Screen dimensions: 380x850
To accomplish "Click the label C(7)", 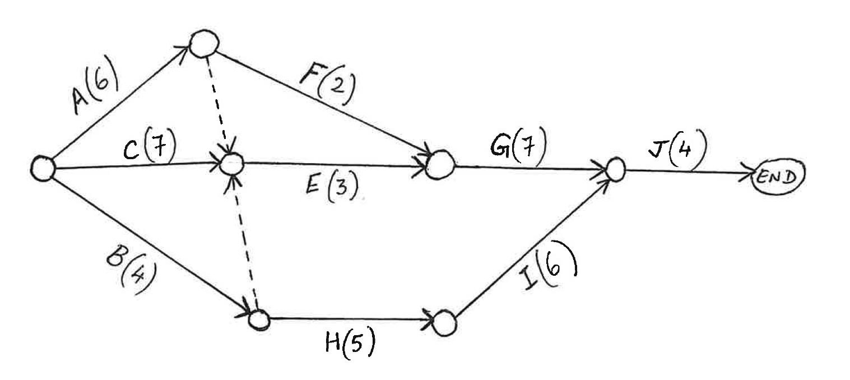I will [x=148, y=149].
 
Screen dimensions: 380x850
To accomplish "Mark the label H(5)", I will [x=349, y=345].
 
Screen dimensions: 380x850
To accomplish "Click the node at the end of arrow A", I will [x=203, y=43].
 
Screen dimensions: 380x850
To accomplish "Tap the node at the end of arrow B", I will [x=259, y=319].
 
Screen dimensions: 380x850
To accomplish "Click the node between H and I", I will [x=446, y=322].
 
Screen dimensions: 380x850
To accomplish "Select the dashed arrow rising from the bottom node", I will [x=245, y=241].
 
